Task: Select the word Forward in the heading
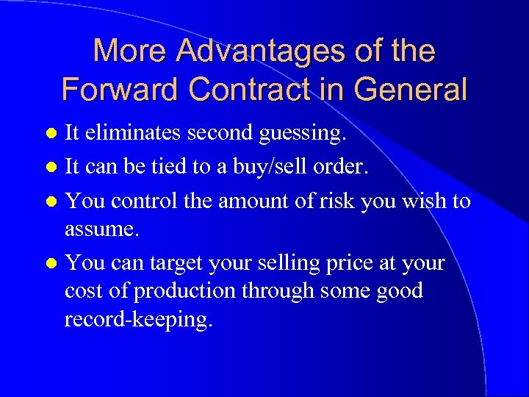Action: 120,89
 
